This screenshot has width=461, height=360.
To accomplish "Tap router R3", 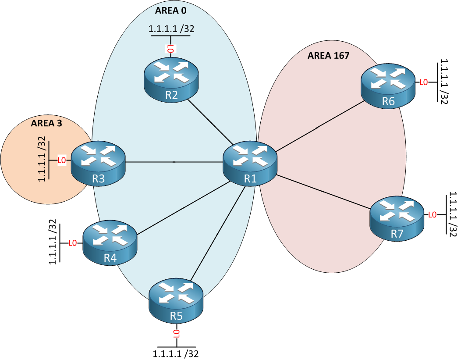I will tap(98, 161).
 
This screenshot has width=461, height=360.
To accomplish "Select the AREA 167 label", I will tap(328, 56).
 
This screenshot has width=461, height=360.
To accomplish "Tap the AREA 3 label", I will tap(46, 123).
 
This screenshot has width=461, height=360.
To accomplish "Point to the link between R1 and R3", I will tap(174, 162).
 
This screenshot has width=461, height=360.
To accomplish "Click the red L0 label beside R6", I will tap(423, 82).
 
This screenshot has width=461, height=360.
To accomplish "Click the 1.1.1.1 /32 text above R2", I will tap(171, 29).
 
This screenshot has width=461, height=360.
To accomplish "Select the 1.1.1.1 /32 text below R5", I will tap(177, 353).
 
